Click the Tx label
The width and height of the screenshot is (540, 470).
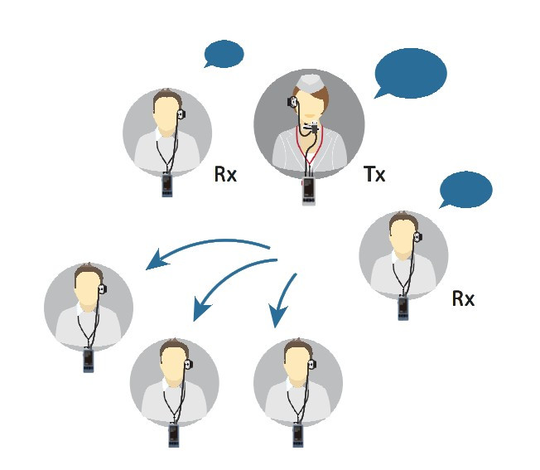click(x=374, y=174)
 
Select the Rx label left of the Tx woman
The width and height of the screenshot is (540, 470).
click(x=225, y=174)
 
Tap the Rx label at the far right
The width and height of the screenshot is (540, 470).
click(x=463, y=298)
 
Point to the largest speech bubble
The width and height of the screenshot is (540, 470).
click(x=411, y=74)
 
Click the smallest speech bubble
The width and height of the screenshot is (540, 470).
click(x=224, y=54)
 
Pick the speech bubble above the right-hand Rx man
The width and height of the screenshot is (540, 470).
click(x=465, y=190)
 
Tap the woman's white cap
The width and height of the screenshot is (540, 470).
click(x=310, y=82)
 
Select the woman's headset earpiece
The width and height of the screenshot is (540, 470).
click(x=292, y=102)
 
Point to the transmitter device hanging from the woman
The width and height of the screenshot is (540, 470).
click(x=309, y=191)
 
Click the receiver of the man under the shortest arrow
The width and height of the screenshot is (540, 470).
click(x=298, y=435)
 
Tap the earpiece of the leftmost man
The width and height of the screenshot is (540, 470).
click(x=103, y=288)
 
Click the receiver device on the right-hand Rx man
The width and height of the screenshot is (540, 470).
click(x=403, y=308)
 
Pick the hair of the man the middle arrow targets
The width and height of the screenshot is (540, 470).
click(x=175, y=349)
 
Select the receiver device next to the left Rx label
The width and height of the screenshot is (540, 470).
click(x=167, y=185)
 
